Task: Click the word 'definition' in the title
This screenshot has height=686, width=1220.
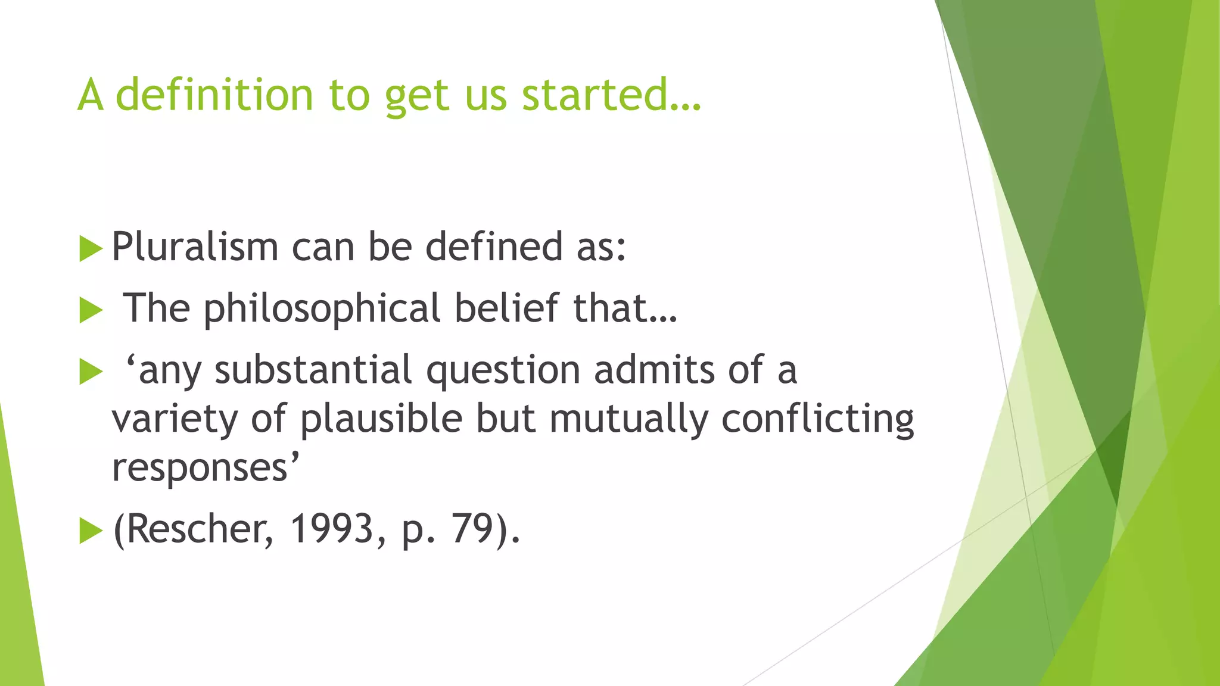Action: pyautogui.click(x=214, y=95)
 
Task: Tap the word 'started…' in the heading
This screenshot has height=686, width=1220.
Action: pyautogui.click(x=612, y=95)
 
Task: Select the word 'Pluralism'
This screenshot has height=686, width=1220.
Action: pyautogui.click(x=195, y=247)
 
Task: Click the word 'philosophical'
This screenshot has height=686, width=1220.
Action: pyautogui.click(x=322, y=308)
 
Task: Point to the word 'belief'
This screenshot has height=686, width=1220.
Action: pyautogui.click(x=506, y=308)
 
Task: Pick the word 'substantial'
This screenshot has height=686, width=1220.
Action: pyautogui.click(x=313, y=370)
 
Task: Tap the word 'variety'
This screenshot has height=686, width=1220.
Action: pyautogui.click(x=175, y=420)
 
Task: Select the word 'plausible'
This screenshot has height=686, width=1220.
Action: pyautogui.click(x=381, y=419)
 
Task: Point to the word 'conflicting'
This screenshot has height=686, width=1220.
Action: pyautogui.click(x=818, y=420)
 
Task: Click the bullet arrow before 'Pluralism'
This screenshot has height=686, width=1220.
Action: pyautogui.click(x=91, y=248)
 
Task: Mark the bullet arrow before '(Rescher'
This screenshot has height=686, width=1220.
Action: pyautogui.click(x=91, y=531)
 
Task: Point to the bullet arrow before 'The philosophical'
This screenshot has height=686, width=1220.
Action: pyautogui.click(x=91, y=310)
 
